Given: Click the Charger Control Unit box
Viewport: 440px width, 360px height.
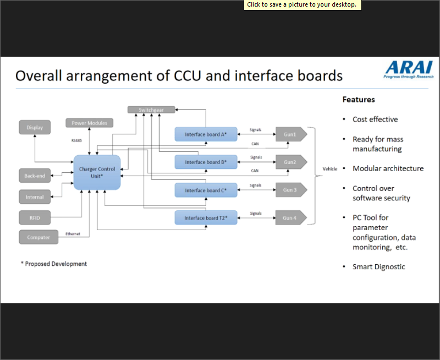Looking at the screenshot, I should [x=97, y=172].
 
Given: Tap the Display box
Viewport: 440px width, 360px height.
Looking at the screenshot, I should [x=35, y=128].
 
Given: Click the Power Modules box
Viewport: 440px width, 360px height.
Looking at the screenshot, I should [x=89, y=123].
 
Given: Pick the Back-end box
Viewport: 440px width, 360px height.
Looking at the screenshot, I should [x=35, y=177].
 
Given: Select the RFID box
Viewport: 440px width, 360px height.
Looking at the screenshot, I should [x=35, y=217].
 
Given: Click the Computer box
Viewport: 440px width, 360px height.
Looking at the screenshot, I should [x=38, y=237].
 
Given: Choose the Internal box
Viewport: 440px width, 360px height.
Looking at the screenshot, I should [x=35, y=197].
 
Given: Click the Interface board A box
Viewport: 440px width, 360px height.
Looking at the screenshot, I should [x=206, y=134].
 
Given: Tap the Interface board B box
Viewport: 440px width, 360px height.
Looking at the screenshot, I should [x=206, y=162].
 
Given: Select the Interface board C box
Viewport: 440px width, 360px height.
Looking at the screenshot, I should [x=206, y=190].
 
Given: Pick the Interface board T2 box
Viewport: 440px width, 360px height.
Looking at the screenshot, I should [x=206, y=218].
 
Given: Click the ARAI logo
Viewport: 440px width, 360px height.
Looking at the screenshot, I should [x=409, y=69].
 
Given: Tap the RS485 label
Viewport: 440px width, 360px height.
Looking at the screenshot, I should [x=77, y=140].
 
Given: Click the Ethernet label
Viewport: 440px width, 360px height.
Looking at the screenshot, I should [x=73, y=233].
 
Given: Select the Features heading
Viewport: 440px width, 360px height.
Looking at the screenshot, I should [x=359, y=100].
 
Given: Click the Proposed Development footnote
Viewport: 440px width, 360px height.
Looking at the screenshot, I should [x=54, y=264].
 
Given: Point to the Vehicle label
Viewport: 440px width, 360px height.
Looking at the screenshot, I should [x=330, y=169].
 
